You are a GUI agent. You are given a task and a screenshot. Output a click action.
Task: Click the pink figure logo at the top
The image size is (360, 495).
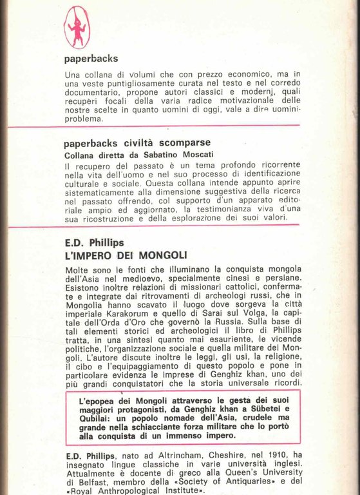tap(77, 26)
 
